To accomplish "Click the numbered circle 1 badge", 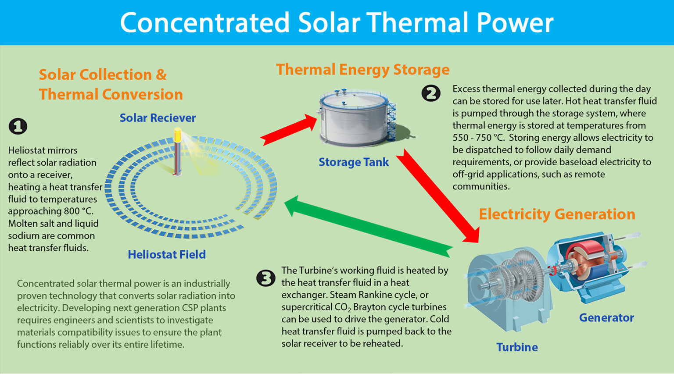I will coord(18,126).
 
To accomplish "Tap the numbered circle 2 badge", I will coord(431,93).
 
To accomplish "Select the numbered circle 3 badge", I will coord(266,278).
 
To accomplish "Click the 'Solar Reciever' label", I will coord(158,118).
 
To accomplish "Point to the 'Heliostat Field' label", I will coord(167,254).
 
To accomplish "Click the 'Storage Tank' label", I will coord(354,162).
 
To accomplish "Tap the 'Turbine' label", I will coord(517,347).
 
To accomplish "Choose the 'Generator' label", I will coord(606,317).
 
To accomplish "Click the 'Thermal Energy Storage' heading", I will coord(363,70).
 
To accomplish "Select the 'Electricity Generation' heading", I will coord(557,214).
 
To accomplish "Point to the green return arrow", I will coord(369,225).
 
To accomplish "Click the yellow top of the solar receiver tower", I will coord(177,134).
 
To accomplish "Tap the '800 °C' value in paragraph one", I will coord(79,211).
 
